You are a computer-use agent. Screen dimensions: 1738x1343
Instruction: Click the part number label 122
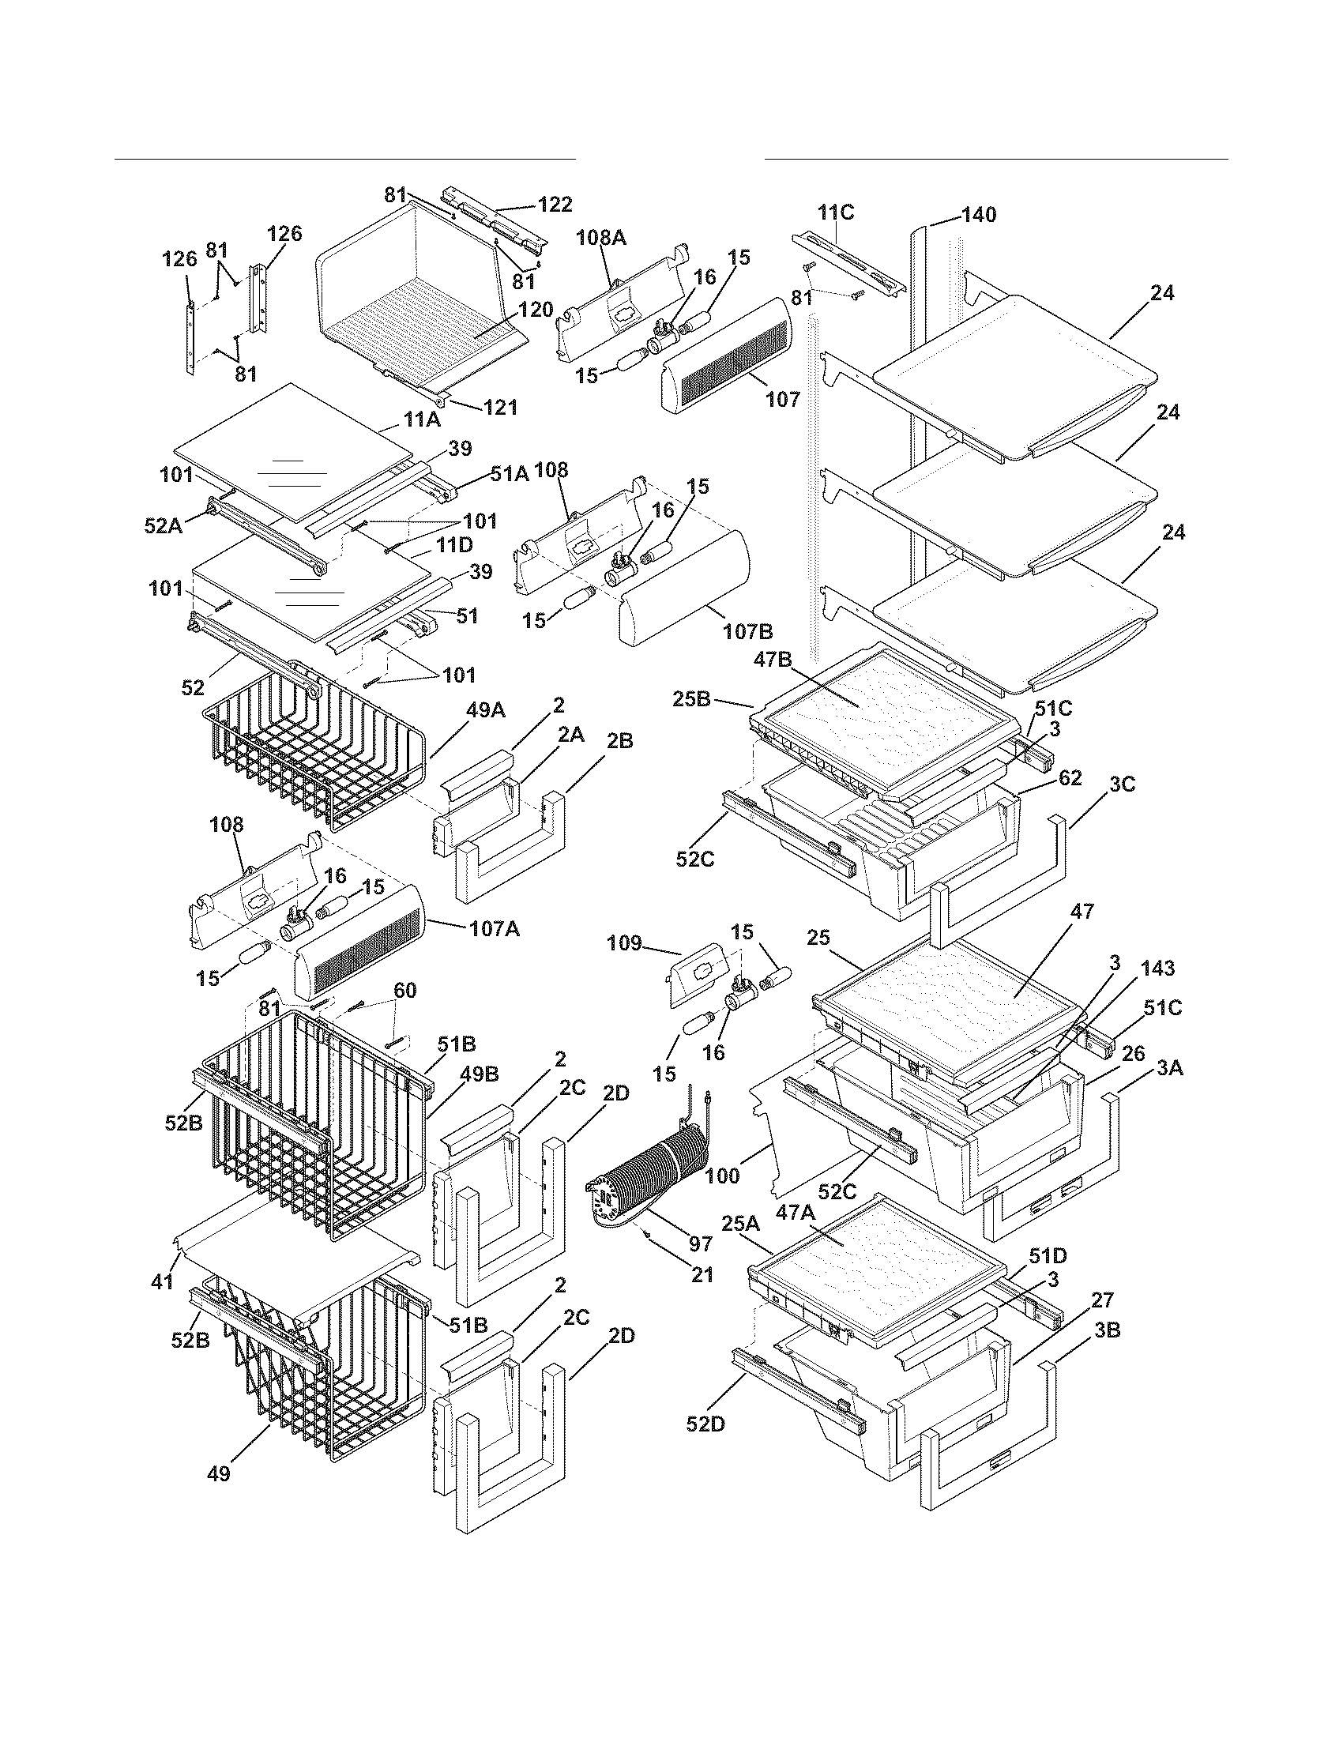(x=555, y=205)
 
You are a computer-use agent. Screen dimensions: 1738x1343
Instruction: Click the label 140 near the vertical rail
(x=978, y=215)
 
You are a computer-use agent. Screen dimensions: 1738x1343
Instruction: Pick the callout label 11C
(x=834, y=213)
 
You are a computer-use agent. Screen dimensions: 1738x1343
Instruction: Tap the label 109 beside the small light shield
(x=623, y=943)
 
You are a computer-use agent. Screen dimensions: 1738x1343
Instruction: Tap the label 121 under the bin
(x=500, y=407)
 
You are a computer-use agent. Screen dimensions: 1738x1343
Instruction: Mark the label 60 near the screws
(x=405, y=991)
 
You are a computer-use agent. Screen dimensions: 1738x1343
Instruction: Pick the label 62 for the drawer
(x=1070, y=777)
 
